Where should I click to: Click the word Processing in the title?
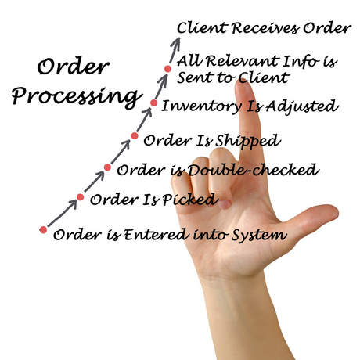click(77, 97)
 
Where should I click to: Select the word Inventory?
click(201, 106)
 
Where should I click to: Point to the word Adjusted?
click(302, 107)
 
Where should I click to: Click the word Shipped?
click(247, 141)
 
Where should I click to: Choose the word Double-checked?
click(253, 170)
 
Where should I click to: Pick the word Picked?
click(189, 200)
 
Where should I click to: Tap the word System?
click(260, 235)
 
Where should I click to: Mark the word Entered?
click(156, 234)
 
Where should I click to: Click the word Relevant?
click(242, 61)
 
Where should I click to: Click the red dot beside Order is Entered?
click(43, 230)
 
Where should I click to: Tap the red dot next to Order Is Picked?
click(80, 197)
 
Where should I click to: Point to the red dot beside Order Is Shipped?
click(135, 135)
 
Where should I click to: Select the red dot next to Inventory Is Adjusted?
click(154, 103)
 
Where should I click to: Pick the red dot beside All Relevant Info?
click(167, 69)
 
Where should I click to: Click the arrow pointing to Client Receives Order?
click(175, 50)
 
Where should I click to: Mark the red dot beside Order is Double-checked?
click(107, 167)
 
